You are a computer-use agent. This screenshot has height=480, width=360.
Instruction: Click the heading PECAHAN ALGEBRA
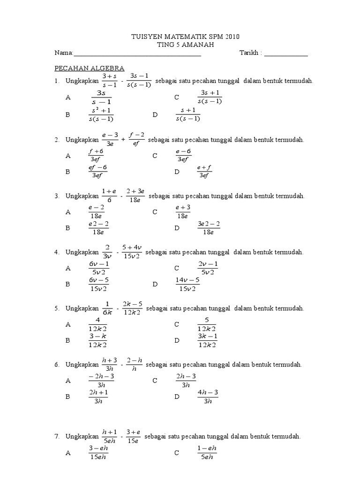pos(90,68)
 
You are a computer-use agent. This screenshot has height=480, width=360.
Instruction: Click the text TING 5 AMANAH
pos(180,45)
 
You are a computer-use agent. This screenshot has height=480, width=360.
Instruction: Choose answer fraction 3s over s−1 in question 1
pos(101,97)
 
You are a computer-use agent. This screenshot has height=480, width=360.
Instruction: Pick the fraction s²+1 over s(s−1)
pos(101,114)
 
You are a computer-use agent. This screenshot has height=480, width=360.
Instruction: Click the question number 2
pos(56,140)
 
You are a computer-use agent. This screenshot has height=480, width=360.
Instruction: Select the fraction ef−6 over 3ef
pos(98,172)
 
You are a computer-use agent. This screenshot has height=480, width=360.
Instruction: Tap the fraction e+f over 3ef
pos(204,172)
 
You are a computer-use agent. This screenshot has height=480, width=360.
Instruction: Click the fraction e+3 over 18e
pos(182,212)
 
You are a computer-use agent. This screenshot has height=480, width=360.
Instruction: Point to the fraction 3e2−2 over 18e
pos(209,228)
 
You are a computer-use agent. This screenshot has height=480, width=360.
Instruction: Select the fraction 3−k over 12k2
pos(97,340)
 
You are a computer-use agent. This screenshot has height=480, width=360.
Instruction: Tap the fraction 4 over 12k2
pos(97,324)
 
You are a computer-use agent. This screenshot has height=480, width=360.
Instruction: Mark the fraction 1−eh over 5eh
pos(207,453)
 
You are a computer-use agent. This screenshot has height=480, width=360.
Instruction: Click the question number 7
pos(56,436)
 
